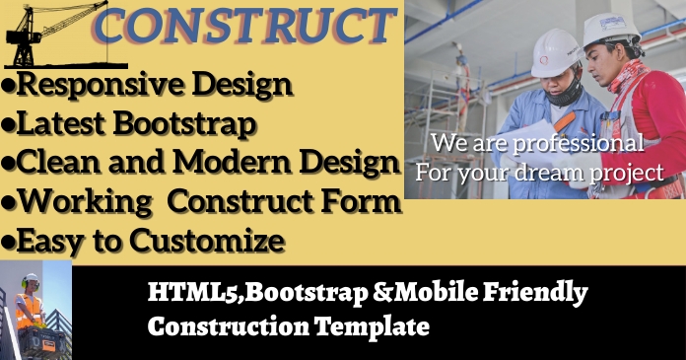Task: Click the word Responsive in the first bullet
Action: (x=93, y=85)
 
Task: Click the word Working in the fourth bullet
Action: (x=79, y=201)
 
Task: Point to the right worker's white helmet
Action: (x=611, y=29)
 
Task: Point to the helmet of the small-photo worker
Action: (x=31, y=280)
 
